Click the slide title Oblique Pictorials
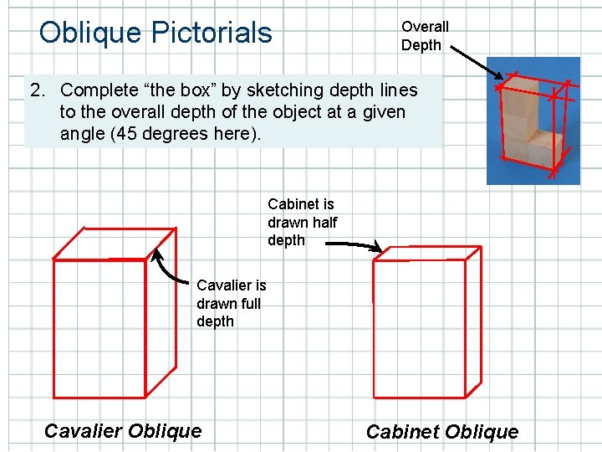click(x=156, y=33)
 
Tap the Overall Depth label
click(x=424, y=36)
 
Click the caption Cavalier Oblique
click(x=123, y=431)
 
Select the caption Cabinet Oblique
click(x=442, y=432)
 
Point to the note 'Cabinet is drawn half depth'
click(x=301, y=222)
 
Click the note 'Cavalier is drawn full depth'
click(x=231, y=303)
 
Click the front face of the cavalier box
click(x=99, y=326)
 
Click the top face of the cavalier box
click(x=114, y=243)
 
